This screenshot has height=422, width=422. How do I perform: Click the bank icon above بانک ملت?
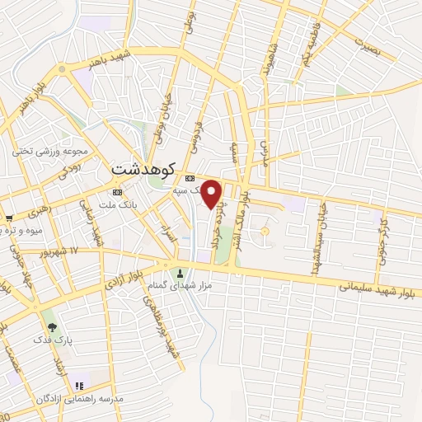coord(116,192)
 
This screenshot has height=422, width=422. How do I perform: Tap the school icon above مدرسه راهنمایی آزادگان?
coord(79,385)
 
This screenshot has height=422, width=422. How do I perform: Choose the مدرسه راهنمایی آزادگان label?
coord(79,398)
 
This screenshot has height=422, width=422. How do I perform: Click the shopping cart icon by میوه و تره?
coord(8,218)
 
